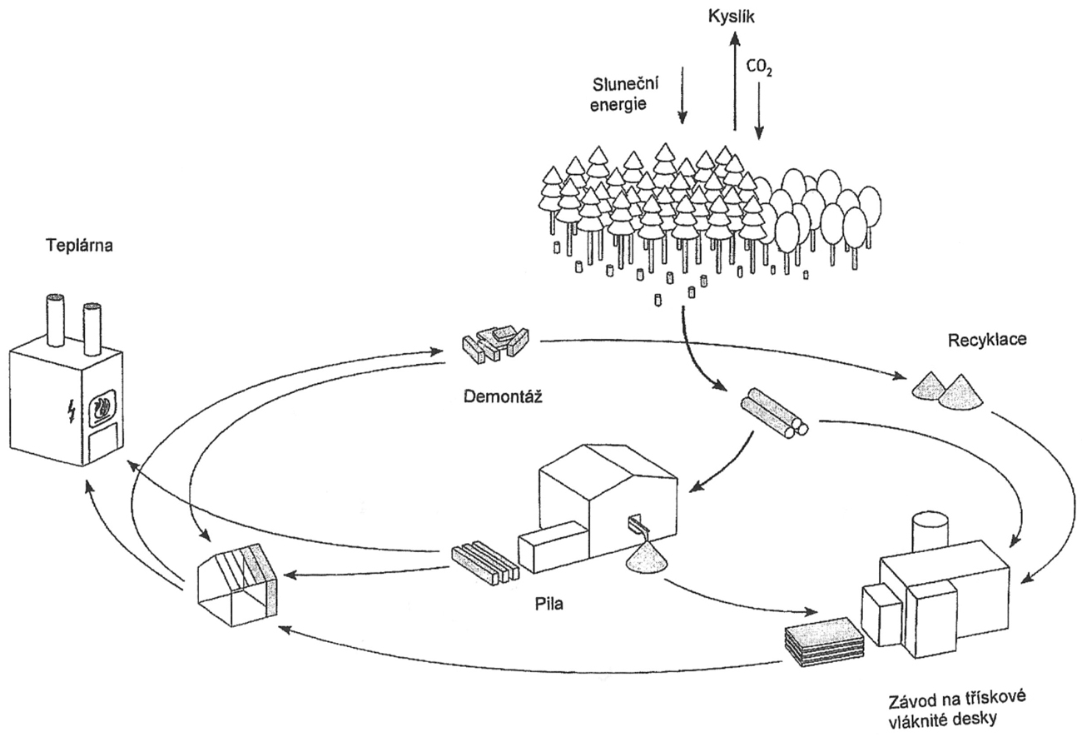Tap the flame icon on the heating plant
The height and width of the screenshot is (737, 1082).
104,407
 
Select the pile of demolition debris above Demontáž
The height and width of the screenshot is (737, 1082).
495,341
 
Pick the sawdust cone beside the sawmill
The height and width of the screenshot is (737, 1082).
652,559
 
